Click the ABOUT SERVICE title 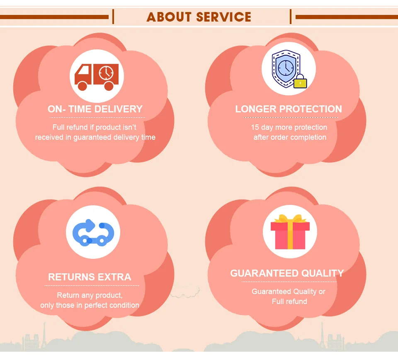click(x=199, y=17)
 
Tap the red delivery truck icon click(x=96, y=77)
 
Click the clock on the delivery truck click(x=106, y=73)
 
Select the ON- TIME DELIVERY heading click(x=95, y=109)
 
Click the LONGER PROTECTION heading click(x=289, y=109)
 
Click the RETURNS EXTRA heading click(x=90, y=277)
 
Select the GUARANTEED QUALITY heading click(x=287, y=273)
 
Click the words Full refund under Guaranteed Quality click(x=289, y=302)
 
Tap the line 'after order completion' click(x=290, y=137)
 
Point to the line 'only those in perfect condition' click(x=90, y=305)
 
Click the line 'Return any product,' click(x=90, y=296)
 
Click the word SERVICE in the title click(x=224, y=17)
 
